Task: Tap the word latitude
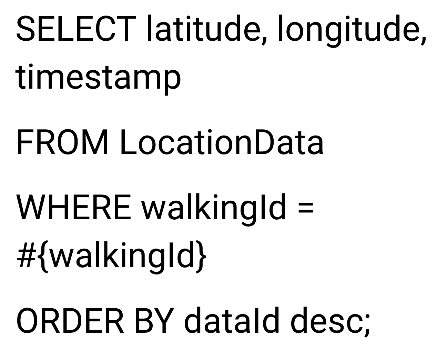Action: click(x=203, y=28)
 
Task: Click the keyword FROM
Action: click(x=62, y=142)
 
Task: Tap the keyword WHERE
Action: click(x=74, y=207)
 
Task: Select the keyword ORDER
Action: click(x=70, y=321)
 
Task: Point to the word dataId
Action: click(x=231, y=321)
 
